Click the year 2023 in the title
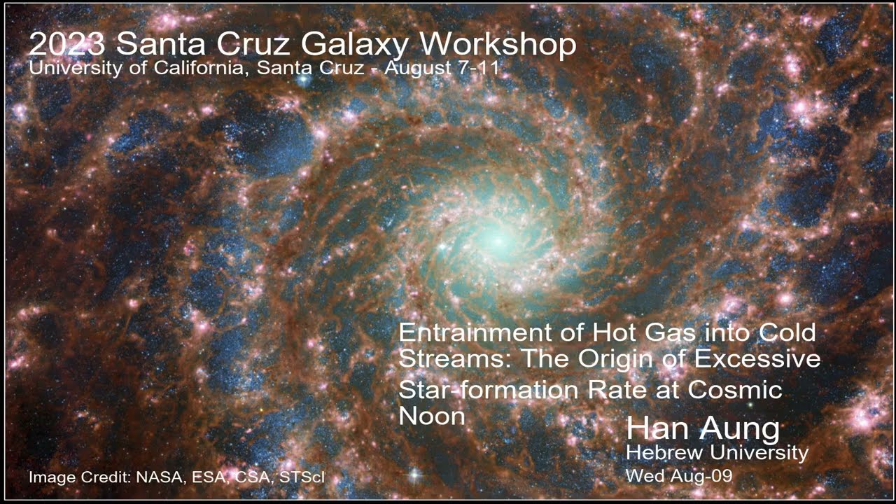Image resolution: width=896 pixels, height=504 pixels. pos(67,44)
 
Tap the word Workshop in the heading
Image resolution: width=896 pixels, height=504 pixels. pos(498,44)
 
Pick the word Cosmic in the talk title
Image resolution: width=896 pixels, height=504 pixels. pos(735,389)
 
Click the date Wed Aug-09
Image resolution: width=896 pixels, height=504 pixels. pos(678,476)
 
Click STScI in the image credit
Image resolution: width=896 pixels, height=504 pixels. pos(302,478)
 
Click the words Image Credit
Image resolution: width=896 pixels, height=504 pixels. pos(79,478)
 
